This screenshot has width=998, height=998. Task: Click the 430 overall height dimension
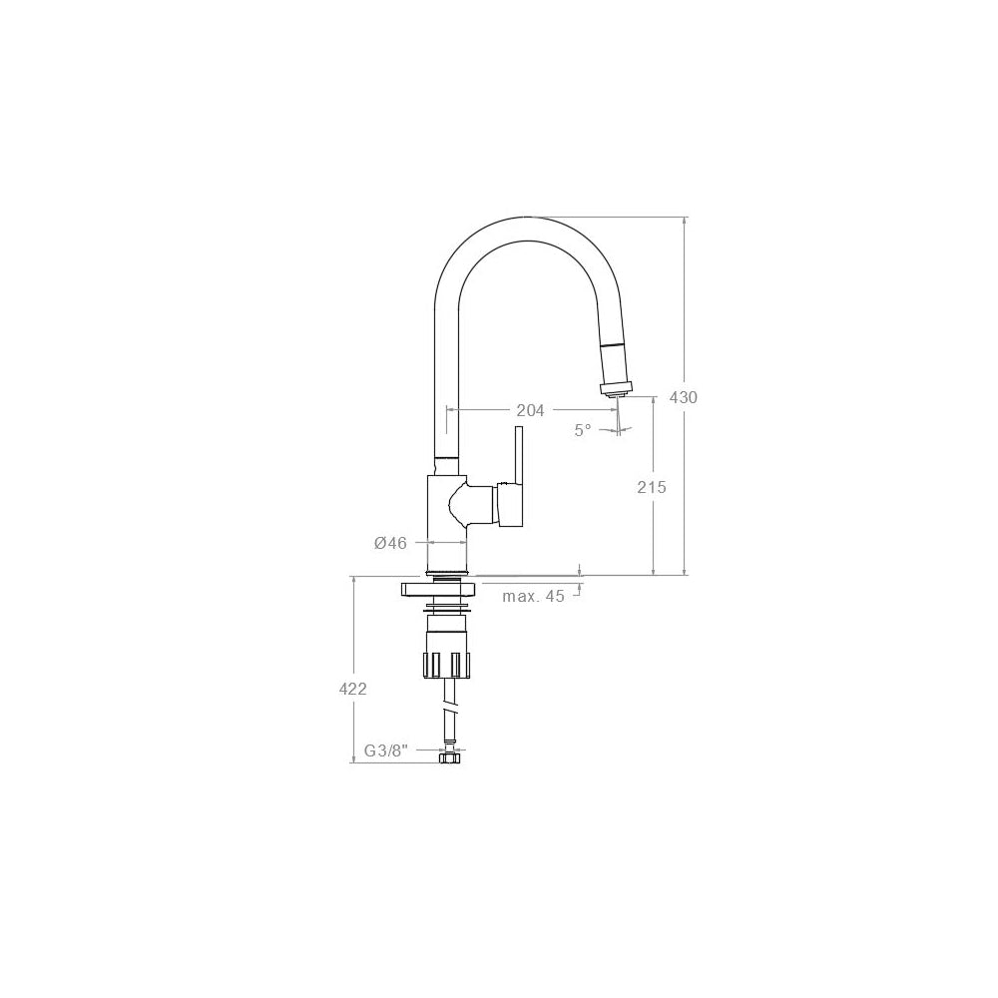point(684,398)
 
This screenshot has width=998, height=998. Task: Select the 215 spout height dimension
point(652,488)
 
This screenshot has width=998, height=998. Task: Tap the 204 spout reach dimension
point(530,411)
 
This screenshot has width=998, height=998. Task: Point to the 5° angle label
point(583,430)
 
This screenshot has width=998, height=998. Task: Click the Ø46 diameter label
point(391,543)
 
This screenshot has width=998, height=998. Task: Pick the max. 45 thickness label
point(533,597)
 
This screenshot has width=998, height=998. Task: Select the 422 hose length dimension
point(352,689)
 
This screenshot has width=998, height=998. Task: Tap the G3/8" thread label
point(385,751)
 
